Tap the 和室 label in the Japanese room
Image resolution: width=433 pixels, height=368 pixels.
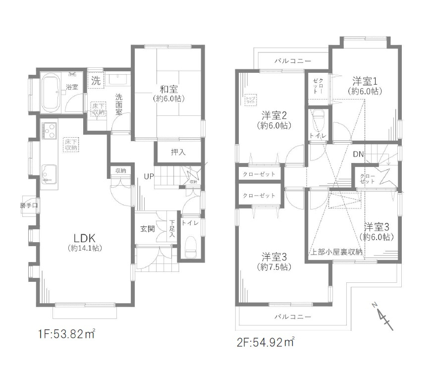pos(169,89)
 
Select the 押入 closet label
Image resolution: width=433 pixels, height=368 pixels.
pos(178,152)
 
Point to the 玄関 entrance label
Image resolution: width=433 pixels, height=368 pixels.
pos(147,229)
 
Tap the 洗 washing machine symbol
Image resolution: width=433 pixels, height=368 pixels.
pos(96,81)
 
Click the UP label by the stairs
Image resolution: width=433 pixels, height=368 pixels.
pos(149,176)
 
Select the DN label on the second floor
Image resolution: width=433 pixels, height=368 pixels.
pos(358,155)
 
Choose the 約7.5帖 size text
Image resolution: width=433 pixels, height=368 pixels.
pos(274,267)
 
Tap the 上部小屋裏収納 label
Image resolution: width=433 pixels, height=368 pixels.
pos(336,252)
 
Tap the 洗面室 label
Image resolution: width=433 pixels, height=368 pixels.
pos(119,105)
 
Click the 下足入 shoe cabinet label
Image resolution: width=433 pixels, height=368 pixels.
pos(172,228)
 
